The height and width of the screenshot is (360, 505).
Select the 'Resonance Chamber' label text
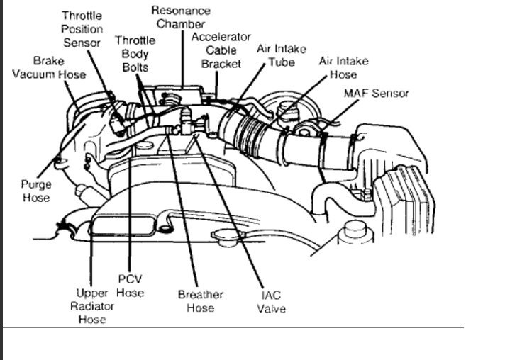(x=181, y=18)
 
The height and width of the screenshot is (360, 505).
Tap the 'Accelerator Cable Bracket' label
(x=221, y=50)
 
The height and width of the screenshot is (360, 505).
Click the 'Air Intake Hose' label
(x=343, y=67)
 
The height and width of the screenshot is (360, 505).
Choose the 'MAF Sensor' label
(x=376, y=93)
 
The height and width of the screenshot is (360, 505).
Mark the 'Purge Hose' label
(x=35, y=191)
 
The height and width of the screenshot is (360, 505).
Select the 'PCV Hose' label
(x=131, y=286)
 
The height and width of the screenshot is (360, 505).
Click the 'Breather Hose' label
(x=200, y=301)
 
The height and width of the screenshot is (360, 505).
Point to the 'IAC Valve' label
(x=272, y=302)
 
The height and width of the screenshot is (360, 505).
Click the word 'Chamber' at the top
(x=181, y=24)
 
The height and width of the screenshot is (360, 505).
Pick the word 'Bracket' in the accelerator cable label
(x=221, y=64)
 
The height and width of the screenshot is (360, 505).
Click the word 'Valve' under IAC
(x=272, y=309)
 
